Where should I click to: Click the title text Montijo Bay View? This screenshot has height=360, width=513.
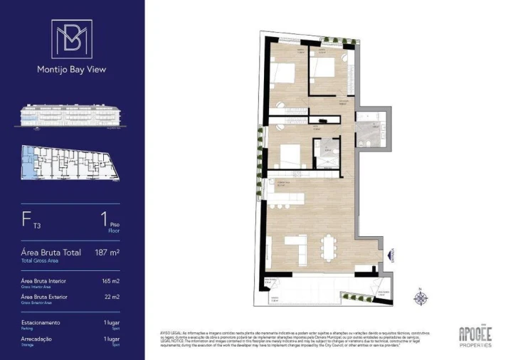pos(71,70)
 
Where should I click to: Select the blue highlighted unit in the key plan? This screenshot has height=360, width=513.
pos(28,162)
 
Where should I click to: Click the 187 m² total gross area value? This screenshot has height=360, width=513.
pos(107,253)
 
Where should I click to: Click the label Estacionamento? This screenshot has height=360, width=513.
pos(41,322)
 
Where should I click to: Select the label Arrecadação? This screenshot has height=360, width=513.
pos(36,339)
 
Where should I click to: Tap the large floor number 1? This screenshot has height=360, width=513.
pos(104,221)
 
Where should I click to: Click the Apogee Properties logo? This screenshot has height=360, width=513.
pos(475,334)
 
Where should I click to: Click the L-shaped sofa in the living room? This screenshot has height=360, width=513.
pos(296,249)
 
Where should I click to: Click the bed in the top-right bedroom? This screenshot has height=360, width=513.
pos(324,70)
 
